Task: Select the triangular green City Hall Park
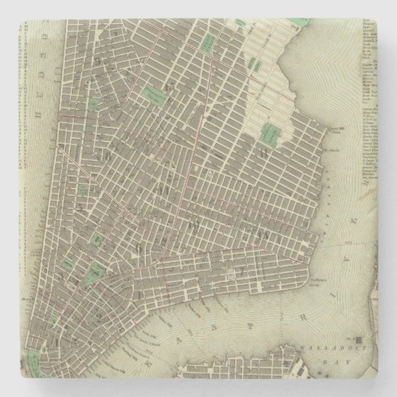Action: pyautogui.click(x=95, y=272)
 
